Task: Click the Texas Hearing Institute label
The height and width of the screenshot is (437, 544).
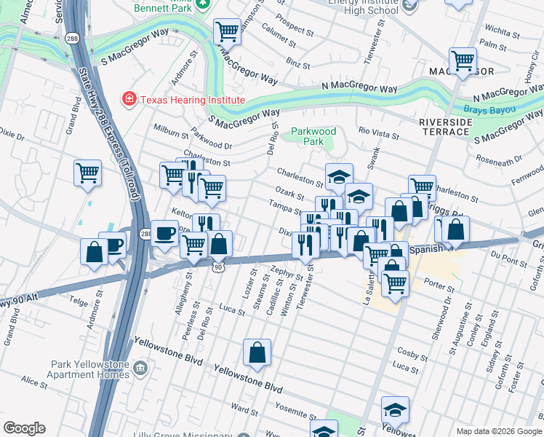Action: (192, 100)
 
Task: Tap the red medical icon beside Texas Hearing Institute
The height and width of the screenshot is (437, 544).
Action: (129, 99)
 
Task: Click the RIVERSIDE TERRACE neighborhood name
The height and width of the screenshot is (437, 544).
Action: (444, 127)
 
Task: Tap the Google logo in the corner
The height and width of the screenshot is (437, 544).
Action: (24, 428)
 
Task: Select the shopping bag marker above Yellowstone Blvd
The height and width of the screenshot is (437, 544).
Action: (257, 353)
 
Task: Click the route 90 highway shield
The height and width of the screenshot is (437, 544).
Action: (217, 269)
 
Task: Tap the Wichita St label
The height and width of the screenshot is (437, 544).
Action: (502, 32)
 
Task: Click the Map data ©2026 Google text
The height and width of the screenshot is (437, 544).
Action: (498, 430)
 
